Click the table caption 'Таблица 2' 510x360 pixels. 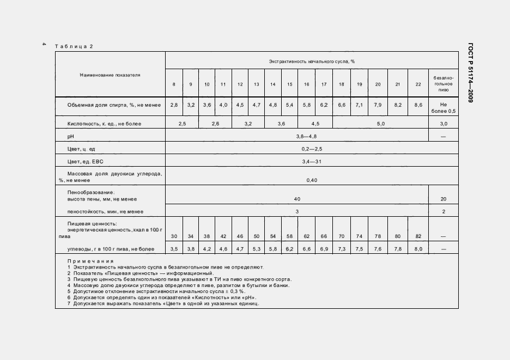pyautogui.click(x=74, y=46)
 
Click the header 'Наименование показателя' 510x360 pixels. pyautogui.click(x=110, y=75)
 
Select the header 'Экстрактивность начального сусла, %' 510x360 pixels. pyautogui.click(x=312, y=62)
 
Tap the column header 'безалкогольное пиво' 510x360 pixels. pyautogui.click(x=442, y=84)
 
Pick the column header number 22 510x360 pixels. pyautogui.click(x=418, y=84)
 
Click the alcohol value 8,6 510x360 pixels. pyautogui.click(x=418, y=104)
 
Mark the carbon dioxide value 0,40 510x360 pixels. pyautogui.click(x=311, y=180)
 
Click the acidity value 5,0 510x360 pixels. pyautogui.click(x=380, y=124)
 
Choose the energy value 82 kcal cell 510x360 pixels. pyautogui.click(x=418, y=236)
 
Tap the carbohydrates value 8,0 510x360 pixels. pyautogui.click(x=418, y=249)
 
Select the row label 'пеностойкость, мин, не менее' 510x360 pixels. pyautogui.click(x=105, y=211)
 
